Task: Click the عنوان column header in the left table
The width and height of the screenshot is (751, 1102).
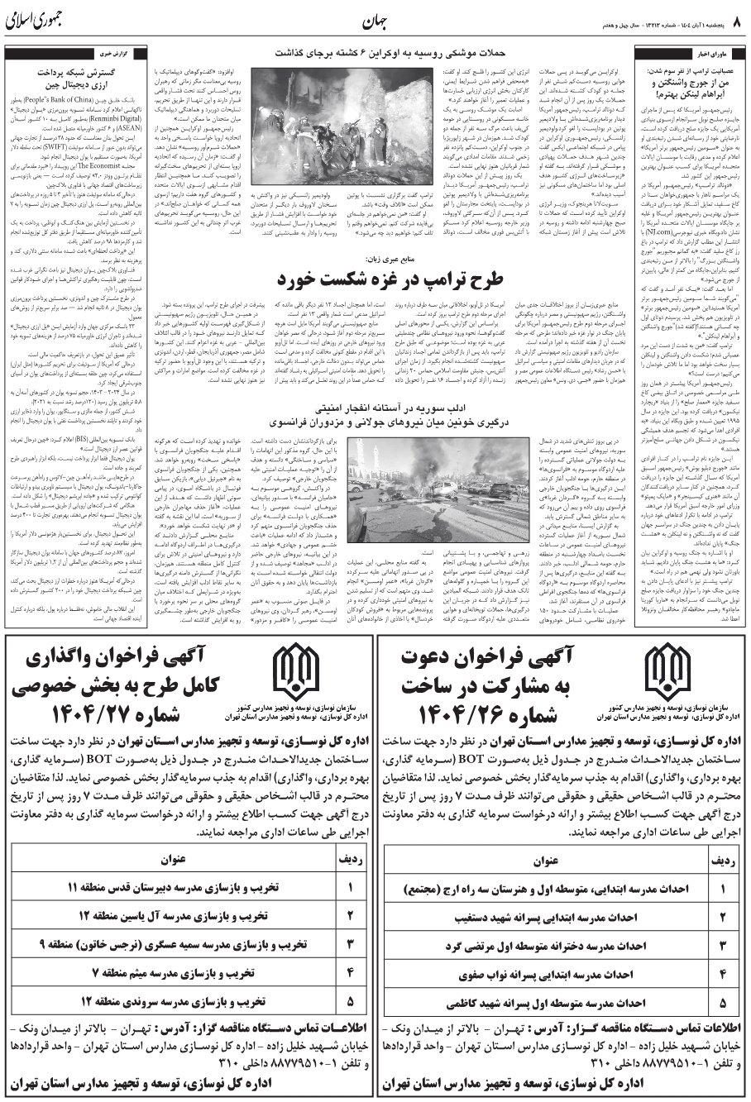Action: click(173, 860)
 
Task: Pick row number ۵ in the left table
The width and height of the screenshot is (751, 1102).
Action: click(350, 1001)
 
